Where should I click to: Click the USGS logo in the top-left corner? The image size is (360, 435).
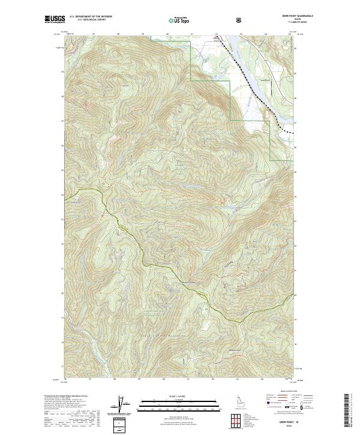pyautogui.click(x=55, y=20)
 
